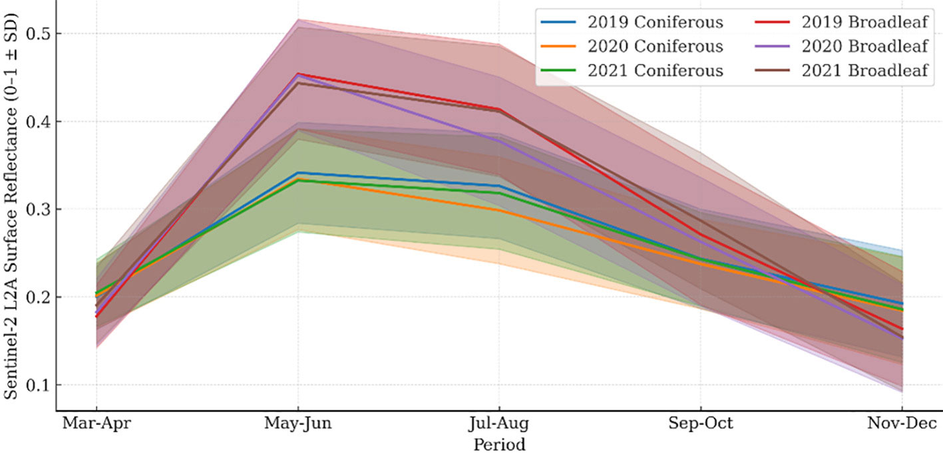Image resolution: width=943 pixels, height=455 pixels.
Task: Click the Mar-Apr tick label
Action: [x=96, y=424]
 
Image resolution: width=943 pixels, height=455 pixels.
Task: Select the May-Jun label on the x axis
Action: [x=297, y=424]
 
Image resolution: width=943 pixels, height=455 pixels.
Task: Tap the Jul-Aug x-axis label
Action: [x=499, y=424]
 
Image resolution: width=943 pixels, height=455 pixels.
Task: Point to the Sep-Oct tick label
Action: [x=700, y=424]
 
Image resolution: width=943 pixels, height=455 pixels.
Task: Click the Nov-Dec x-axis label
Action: [x=902, y=424]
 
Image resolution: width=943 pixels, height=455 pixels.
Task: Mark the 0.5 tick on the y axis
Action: [x=37, y=34]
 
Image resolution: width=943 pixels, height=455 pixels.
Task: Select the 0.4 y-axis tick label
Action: [x=37, y=122]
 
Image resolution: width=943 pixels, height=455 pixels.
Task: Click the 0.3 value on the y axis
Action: [x=37, y=210]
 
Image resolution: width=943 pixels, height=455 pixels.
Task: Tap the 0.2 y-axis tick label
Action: [x=37, y=297]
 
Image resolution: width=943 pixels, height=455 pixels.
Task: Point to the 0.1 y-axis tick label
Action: [x=37, y=385]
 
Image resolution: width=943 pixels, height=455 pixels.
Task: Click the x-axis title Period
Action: [x=499, y=444]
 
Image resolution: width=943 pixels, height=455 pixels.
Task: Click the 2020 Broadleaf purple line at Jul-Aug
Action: [x=499, y=140]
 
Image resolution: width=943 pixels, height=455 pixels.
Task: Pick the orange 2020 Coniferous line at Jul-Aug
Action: [x=499, y=210]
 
